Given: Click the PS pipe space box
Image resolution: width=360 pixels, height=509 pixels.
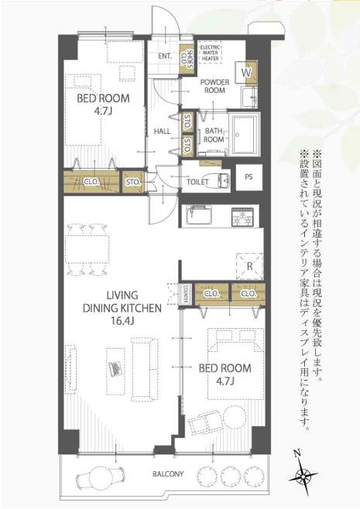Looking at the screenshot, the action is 249,178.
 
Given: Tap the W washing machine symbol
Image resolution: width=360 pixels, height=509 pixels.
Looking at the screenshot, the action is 246,73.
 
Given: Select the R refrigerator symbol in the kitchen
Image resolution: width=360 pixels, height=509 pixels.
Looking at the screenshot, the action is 249,266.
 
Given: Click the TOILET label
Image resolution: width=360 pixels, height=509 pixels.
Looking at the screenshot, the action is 197,182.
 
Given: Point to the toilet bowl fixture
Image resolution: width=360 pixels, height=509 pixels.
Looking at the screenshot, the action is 222,180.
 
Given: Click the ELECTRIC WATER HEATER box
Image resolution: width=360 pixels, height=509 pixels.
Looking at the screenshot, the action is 211,52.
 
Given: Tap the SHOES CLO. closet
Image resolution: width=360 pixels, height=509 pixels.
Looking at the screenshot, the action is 187,59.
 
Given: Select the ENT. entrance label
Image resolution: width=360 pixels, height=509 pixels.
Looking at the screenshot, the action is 165,56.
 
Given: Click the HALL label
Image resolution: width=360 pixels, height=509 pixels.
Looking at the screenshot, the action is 162,132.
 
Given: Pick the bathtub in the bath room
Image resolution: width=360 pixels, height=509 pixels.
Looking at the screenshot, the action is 245,135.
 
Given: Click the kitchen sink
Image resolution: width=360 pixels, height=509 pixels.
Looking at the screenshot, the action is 199,215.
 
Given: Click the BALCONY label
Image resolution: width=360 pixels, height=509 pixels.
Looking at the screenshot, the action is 168,474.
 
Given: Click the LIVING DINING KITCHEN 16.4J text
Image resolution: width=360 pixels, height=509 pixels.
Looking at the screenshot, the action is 122,308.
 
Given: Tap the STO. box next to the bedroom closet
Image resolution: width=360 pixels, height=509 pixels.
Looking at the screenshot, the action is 132,182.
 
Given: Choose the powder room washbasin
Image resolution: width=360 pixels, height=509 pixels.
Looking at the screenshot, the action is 249,97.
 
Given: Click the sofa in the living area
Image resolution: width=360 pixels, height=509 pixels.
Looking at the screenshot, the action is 145,370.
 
